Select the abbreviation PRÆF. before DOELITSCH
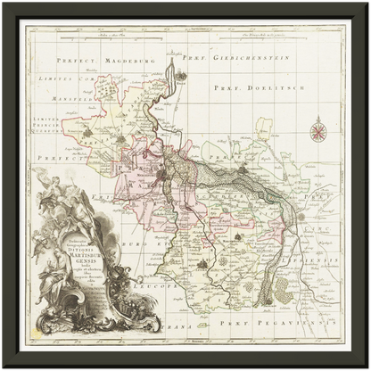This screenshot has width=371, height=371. [x=227, y=87]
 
